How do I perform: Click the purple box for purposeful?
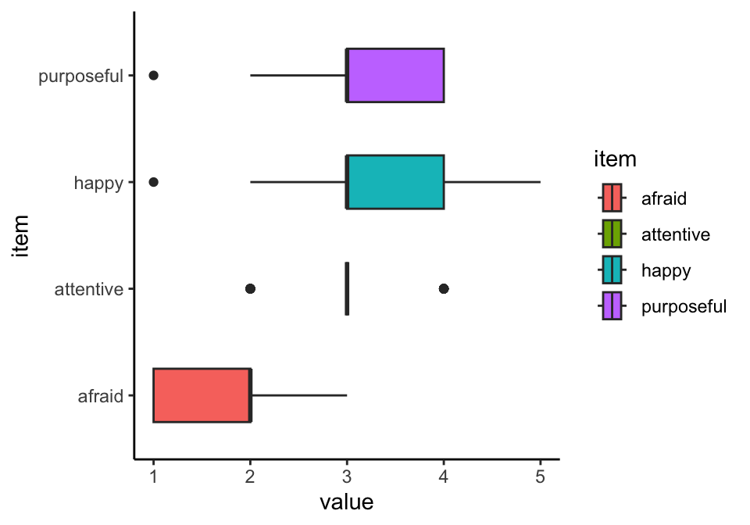tap(395, 75)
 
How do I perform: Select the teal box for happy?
tap(395, 182)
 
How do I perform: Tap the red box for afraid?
tap(202, 395)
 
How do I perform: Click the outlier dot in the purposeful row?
tap(154, 75)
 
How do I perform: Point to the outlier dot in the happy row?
tap(154, 182)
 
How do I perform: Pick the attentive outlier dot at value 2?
tap(250, 288)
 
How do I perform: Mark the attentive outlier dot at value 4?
tap(444, 288)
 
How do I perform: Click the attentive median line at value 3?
tap(347, 288)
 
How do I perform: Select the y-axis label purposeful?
tap(81, 76)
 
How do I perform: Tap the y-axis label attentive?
tap(88, 289)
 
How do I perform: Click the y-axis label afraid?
tap(101, 396)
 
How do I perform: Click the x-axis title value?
tap(346, 502)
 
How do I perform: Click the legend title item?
tap(614, 160)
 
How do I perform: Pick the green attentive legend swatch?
tap(612, 234)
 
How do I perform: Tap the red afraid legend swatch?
tap(612, 198)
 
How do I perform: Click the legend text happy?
tap(666, 270)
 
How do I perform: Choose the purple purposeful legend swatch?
tap(612, 305)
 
